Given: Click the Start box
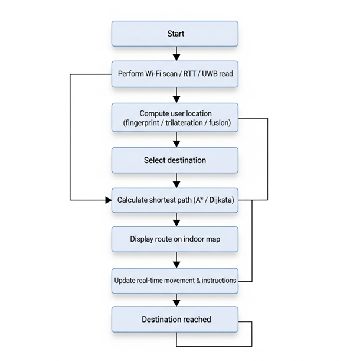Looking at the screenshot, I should pyautogui.click(x=175, y=34).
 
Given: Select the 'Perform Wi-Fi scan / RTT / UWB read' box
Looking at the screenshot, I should pyautogui.click(x=175, y=74).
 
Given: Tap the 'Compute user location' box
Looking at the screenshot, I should pyautogui.click(x=175, y=118).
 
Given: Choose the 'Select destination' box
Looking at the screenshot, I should pyautogui.click(x=175, y=160).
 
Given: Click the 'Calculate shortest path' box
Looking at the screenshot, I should pyautogui.click(x=175, y=200).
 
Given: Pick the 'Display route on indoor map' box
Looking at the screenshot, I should pyautogui.click(x=175, y=239).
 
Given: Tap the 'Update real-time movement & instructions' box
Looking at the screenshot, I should pyautogui.click(x=175, y=280).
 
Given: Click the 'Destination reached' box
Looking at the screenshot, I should pyautogui.click(x=175, y=320).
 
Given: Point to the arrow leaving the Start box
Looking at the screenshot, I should pyautogui.click(x=176, y=54).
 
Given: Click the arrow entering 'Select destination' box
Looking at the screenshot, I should pyautogui.click(x=176, y=140).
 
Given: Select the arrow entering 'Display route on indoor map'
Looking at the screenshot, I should pyautogui.click(x=176, y=220).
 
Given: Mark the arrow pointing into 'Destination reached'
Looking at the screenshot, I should pyautogui.click(x=176, y=300).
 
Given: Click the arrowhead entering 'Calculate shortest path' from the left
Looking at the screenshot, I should pyautogui.click(x=108, y=200).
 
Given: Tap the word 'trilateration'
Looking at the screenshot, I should pyautogui.click(x=184, y=123).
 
